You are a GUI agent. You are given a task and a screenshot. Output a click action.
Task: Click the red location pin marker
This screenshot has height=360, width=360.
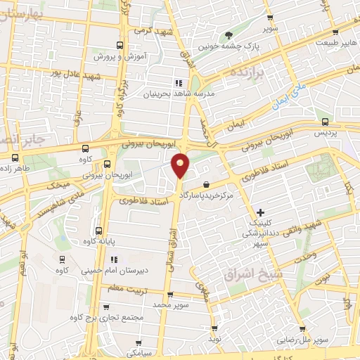pos(181,165)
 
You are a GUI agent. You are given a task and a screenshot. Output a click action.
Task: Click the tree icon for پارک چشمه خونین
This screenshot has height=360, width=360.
pos(228,36)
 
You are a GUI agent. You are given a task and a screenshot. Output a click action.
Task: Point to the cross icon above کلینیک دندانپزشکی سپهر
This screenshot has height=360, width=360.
pos(260,212)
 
